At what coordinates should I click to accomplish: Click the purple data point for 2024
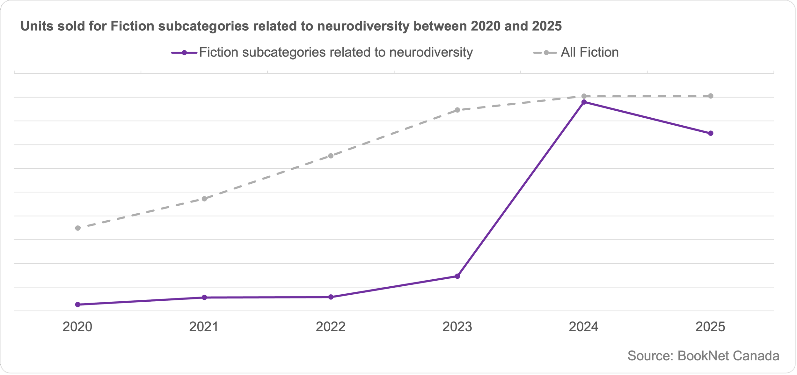point(584,102)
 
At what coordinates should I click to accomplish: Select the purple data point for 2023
point(457,276)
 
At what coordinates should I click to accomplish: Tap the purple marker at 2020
point(78,305)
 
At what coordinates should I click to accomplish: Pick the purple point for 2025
point(711,133)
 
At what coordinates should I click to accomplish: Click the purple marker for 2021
point(204,298)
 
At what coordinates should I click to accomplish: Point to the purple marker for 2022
point(331,297)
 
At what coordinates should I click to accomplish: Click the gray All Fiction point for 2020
point(78,228)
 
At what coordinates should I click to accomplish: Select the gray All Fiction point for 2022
point(331,156)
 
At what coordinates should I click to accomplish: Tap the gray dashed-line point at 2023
point(457,110)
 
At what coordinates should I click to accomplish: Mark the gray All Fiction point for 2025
point(711,96)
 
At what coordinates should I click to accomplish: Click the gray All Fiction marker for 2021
point(204,199)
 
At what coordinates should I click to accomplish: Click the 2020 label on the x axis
point(77,327)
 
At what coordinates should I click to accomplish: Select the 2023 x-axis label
point(457,327)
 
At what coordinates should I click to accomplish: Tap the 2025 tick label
point(710,327)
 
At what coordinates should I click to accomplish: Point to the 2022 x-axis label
point(331,327)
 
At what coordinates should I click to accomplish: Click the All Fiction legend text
point(589,53)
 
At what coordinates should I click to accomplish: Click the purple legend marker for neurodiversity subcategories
point(184,53)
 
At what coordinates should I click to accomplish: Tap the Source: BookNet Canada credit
point(703,356)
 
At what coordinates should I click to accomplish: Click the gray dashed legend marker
point(546,53)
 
